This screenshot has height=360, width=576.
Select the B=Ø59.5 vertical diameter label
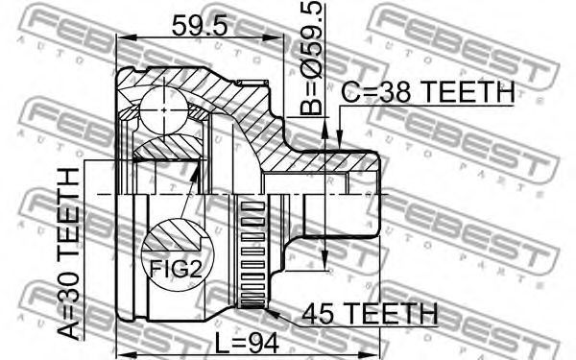coord(311,58)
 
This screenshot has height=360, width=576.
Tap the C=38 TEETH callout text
coord(428,92)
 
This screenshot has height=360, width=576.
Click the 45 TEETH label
coord(370,314)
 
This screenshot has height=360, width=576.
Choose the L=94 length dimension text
coord(247,343)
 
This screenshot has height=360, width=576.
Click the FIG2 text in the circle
coord(177,269)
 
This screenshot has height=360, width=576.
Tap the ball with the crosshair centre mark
coord(164,110)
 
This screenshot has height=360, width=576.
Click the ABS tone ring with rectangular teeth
coord(252,253)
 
